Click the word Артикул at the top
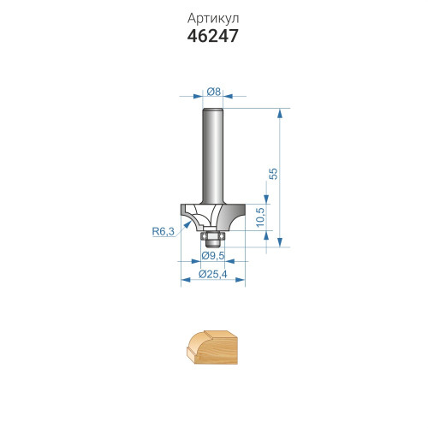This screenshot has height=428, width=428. (213, 19)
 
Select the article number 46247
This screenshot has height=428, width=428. (213, 36)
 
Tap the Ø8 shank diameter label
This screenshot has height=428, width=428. (214, 92)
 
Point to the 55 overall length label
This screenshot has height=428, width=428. (273, 174)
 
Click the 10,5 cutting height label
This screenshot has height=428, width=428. (260, 217)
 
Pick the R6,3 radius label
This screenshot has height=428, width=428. (163, 231)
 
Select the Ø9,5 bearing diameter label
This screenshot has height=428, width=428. (213, 256)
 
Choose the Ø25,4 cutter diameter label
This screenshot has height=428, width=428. (213, 274)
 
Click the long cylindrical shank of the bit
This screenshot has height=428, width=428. (212, 156)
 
